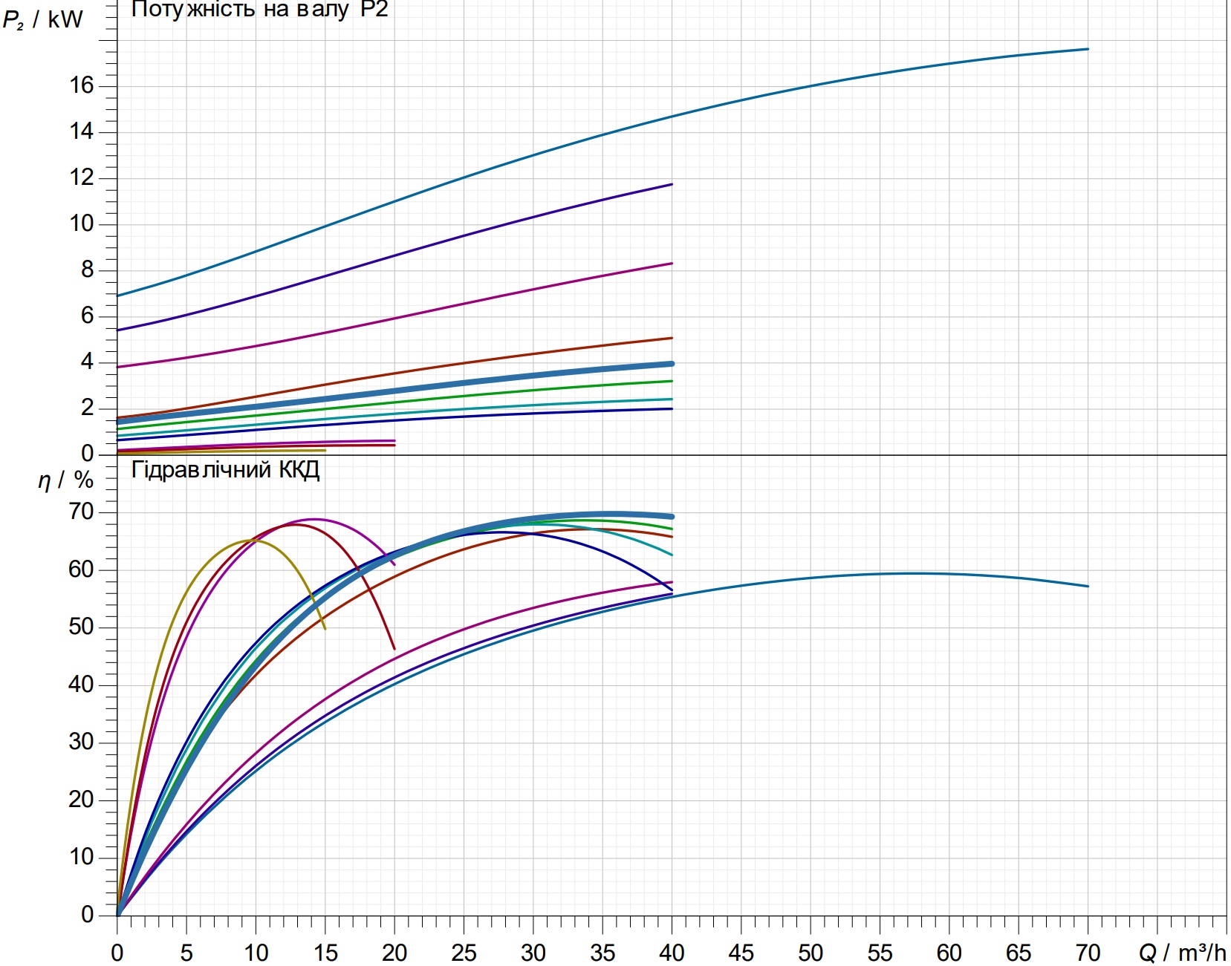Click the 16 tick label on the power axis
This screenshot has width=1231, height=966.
click(x=81, y=85)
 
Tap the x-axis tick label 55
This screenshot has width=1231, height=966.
click(x=880, y=953)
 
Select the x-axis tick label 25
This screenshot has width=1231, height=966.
click(x=464, y=953)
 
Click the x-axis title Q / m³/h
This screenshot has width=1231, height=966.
click(x=1183, y=953)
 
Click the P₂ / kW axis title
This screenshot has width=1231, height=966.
click(x=42, y=20)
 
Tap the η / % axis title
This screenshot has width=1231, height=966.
click(x=65, y=480)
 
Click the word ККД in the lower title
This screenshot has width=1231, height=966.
click(x=299, y=470)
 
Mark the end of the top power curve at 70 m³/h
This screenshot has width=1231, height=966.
click(x=1088, y=49)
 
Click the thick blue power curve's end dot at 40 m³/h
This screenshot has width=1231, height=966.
click(x=672, y=364)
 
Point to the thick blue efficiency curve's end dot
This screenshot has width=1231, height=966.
click(x=672, y=517)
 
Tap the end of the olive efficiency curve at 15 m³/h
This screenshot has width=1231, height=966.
click(x=325, y=629)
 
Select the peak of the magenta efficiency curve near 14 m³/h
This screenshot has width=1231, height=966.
click(x=314, y=519)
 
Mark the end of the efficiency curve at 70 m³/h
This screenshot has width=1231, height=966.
click(x=1088, y=587)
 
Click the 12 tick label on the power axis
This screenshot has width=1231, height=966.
click(x=81, y=177)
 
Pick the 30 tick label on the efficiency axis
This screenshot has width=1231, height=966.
click(x=81, y=741)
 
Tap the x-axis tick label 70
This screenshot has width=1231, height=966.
click(x=1088, y=953)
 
